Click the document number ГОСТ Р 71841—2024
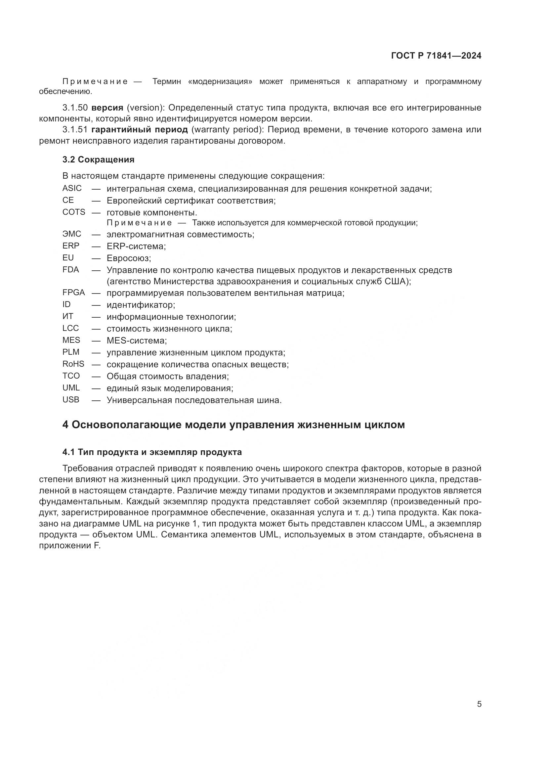(x=436, y=56)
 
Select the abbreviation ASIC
(x=72, y=188)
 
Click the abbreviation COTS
(x=74, y=212)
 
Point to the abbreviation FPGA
(x=73, y=292)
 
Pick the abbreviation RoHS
(x=73, y=364)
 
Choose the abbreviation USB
(x=71, y=399)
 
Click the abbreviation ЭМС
(x=72, y=234)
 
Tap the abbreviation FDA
(x=71, y=269)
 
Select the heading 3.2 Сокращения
(x=98, y=159)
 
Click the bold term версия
(x=107, y=108)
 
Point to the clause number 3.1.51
(x=75, y=129)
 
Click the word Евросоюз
(x=128, y=258)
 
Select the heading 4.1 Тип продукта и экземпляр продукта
(x=152, y=452)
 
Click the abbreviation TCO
(x=71, y=376)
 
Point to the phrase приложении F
(x=70, y=546)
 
